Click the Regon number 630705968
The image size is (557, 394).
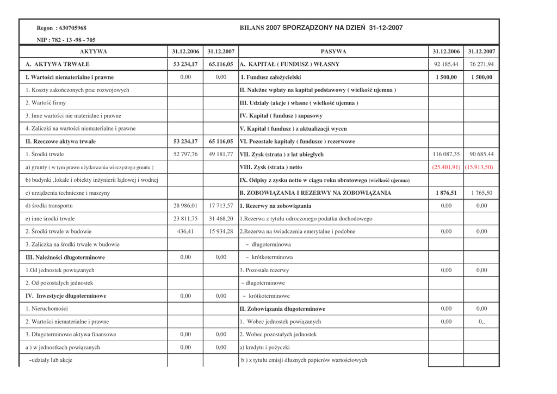61,28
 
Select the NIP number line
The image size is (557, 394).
66,40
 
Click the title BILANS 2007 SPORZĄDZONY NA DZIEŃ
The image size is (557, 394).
321,28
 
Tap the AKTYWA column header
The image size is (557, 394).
94,52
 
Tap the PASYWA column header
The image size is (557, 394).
333,52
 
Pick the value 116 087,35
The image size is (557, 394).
446,155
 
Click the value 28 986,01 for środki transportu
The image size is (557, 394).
185,206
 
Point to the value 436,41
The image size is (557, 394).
185,231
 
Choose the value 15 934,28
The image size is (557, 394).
221,231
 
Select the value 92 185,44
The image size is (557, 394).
446,64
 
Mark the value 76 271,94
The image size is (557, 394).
481,64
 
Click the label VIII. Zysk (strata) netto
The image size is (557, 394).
271,167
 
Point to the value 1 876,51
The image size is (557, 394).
446,193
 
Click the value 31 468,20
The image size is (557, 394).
221,219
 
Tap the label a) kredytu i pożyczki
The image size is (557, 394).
265,347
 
